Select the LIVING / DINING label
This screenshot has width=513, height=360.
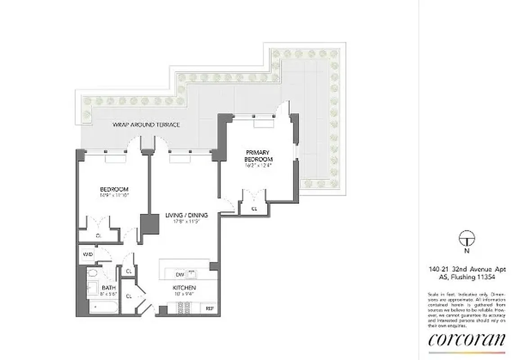(181, 215)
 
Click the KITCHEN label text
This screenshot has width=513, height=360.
(184, 288)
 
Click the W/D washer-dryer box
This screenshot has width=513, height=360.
(87, 255)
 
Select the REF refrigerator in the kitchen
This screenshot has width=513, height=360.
(210, 309)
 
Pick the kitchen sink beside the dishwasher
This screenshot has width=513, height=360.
(192, 273)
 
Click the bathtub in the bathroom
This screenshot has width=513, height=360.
(103, 308)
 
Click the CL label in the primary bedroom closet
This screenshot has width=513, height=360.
(254, 209)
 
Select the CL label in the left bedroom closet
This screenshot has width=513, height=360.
(99, 235)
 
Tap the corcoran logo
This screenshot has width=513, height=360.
(467, 340)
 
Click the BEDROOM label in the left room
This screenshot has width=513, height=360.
(114, 189)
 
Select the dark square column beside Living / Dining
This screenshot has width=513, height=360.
(149, 224)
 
